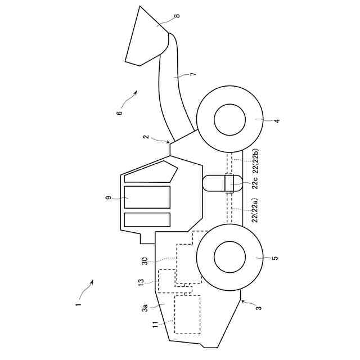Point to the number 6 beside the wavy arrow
coord(119,112)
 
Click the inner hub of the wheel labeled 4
coord(230,120)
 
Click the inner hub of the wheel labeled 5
coord(230,257)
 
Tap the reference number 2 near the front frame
coord(145,137)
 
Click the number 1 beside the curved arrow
coord(79,304)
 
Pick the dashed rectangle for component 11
coord(188,314)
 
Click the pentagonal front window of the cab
coord(149,173)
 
